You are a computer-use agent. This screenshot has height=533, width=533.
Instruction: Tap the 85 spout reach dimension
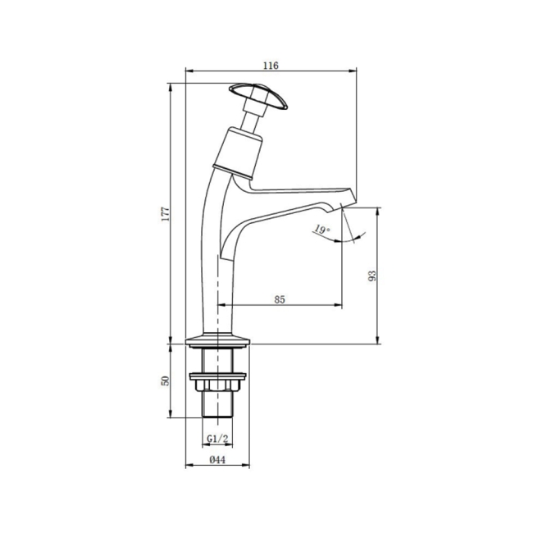[279, 299]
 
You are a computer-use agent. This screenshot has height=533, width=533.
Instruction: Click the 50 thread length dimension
[166, 381]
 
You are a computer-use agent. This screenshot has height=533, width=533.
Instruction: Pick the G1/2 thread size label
[217, 439]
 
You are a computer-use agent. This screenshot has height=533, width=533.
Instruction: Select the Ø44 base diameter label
[217, 459]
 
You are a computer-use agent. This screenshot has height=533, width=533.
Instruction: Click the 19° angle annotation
[321, 231]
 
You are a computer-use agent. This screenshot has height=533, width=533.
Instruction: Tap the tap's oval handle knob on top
[258, 95]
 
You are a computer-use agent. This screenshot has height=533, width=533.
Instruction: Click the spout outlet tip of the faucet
[348, 198]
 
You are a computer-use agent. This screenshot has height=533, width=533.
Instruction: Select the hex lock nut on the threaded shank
[218, 382]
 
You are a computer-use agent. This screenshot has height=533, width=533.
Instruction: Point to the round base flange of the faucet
[218, 340]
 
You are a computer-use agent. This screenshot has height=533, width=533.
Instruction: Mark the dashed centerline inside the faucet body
[218, 279]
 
